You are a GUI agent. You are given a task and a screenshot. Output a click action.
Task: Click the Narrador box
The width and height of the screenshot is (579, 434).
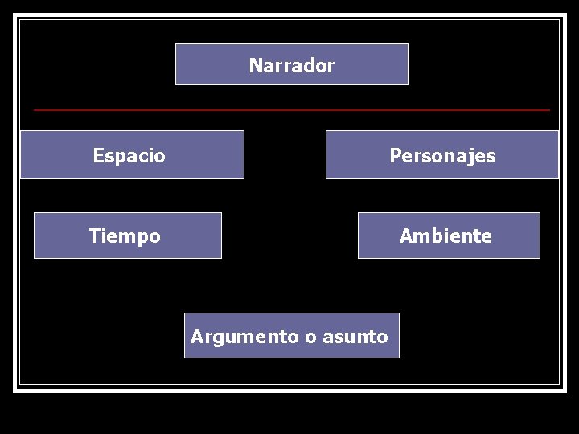[291, 64]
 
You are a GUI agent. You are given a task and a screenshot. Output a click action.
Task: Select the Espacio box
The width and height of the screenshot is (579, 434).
[132, 154]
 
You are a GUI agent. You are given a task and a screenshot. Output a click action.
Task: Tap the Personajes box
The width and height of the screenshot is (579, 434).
[441, 154]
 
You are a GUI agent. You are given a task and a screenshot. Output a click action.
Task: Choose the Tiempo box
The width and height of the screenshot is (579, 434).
[127, 235]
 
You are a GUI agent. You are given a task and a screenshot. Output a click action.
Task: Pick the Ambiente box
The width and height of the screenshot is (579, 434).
[449, 235]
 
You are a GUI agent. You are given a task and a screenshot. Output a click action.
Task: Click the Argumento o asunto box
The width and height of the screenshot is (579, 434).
[291, 335]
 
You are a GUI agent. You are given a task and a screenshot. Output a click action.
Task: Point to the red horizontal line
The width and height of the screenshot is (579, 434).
[291, 109]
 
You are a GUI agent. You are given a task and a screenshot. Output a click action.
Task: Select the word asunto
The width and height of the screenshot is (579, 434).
[355, 337]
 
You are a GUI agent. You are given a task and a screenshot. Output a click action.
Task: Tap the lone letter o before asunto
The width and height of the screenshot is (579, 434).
[310, 338]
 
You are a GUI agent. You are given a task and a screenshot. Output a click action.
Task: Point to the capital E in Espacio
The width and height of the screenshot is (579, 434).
[98, 155]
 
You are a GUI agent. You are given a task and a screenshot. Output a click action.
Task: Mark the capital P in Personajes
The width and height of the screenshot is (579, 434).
[395, 155]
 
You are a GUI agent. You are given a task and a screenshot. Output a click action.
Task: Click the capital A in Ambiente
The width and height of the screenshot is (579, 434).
[405, 236]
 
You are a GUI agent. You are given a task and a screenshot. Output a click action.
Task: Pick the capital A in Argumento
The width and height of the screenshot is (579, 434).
[196, 337]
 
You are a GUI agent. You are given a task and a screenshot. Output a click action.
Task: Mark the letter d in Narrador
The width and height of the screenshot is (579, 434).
[309, 65]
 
